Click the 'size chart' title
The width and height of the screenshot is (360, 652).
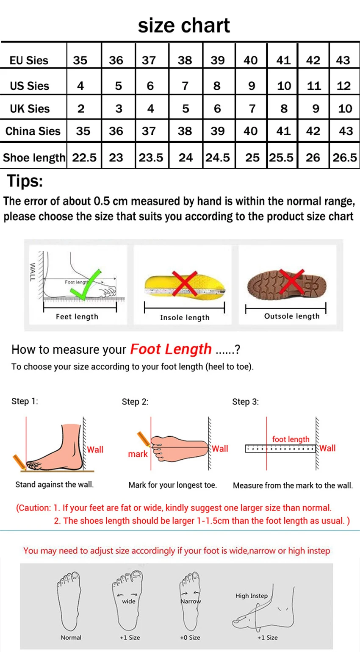point(184,25)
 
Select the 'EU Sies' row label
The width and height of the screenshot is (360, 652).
point(29,60)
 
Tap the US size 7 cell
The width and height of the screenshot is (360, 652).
point(185,86)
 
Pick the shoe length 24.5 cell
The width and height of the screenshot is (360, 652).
point(218,158)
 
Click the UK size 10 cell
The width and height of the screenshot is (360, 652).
point(345,108)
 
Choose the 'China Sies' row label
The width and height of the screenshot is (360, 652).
point(33,131)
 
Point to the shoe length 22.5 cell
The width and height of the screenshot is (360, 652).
point(84,158)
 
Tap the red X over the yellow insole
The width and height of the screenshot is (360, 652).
point(185,283)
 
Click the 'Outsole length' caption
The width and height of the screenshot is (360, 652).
point(292,316)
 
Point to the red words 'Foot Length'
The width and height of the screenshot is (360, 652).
point(171,349)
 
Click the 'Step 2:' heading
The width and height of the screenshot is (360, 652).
point(135,402)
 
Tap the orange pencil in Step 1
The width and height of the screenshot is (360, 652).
point(19,462)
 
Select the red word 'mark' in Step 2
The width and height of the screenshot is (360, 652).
point(138,454)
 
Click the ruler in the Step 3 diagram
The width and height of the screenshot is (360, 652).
point(280,449)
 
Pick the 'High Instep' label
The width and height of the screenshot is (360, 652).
point(252,596)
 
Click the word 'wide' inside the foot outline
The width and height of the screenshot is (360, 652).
point(129,601)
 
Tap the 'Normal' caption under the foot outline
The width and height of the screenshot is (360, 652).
point(71,638)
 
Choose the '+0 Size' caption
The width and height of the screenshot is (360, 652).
point(190,638)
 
